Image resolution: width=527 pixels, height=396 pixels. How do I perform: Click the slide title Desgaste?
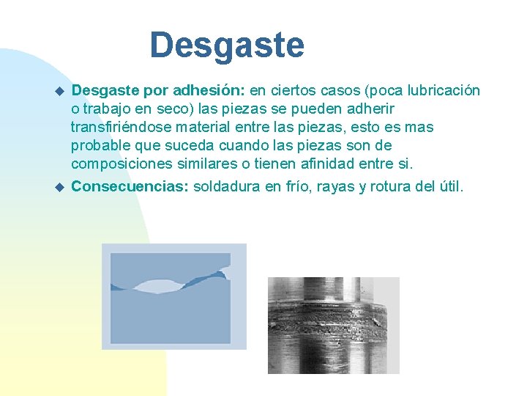point(227,45)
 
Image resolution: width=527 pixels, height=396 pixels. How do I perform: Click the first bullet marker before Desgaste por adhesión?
point(60,91)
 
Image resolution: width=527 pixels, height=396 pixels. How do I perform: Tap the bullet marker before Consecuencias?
point(60,186)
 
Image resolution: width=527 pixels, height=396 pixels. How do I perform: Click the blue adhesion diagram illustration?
point(174,296)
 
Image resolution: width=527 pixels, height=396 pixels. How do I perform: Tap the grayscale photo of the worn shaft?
point(333,325)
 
